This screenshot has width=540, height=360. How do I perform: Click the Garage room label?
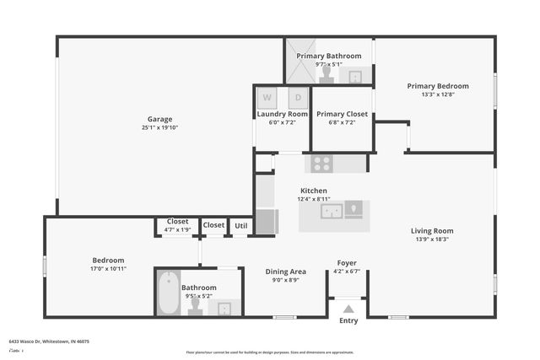159,120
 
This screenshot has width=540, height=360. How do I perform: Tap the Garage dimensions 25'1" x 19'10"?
159,128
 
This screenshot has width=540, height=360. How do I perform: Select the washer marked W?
266,97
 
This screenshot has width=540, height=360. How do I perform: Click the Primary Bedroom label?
438,86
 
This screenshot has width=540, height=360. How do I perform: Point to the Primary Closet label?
342,114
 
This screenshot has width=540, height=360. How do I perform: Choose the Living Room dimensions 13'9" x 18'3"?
432,239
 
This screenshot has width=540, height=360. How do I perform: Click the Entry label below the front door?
348,320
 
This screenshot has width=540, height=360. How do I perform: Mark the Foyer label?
347,263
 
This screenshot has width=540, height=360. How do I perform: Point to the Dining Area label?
286,271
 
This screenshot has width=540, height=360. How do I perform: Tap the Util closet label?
241,225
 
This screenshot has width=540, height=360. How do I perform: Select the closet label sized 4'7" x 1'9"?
177,229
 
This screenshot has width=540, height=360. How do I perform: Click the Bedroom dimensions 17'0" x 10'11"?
108,269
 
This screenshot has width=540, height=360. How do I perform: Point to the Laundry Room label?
282,114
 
